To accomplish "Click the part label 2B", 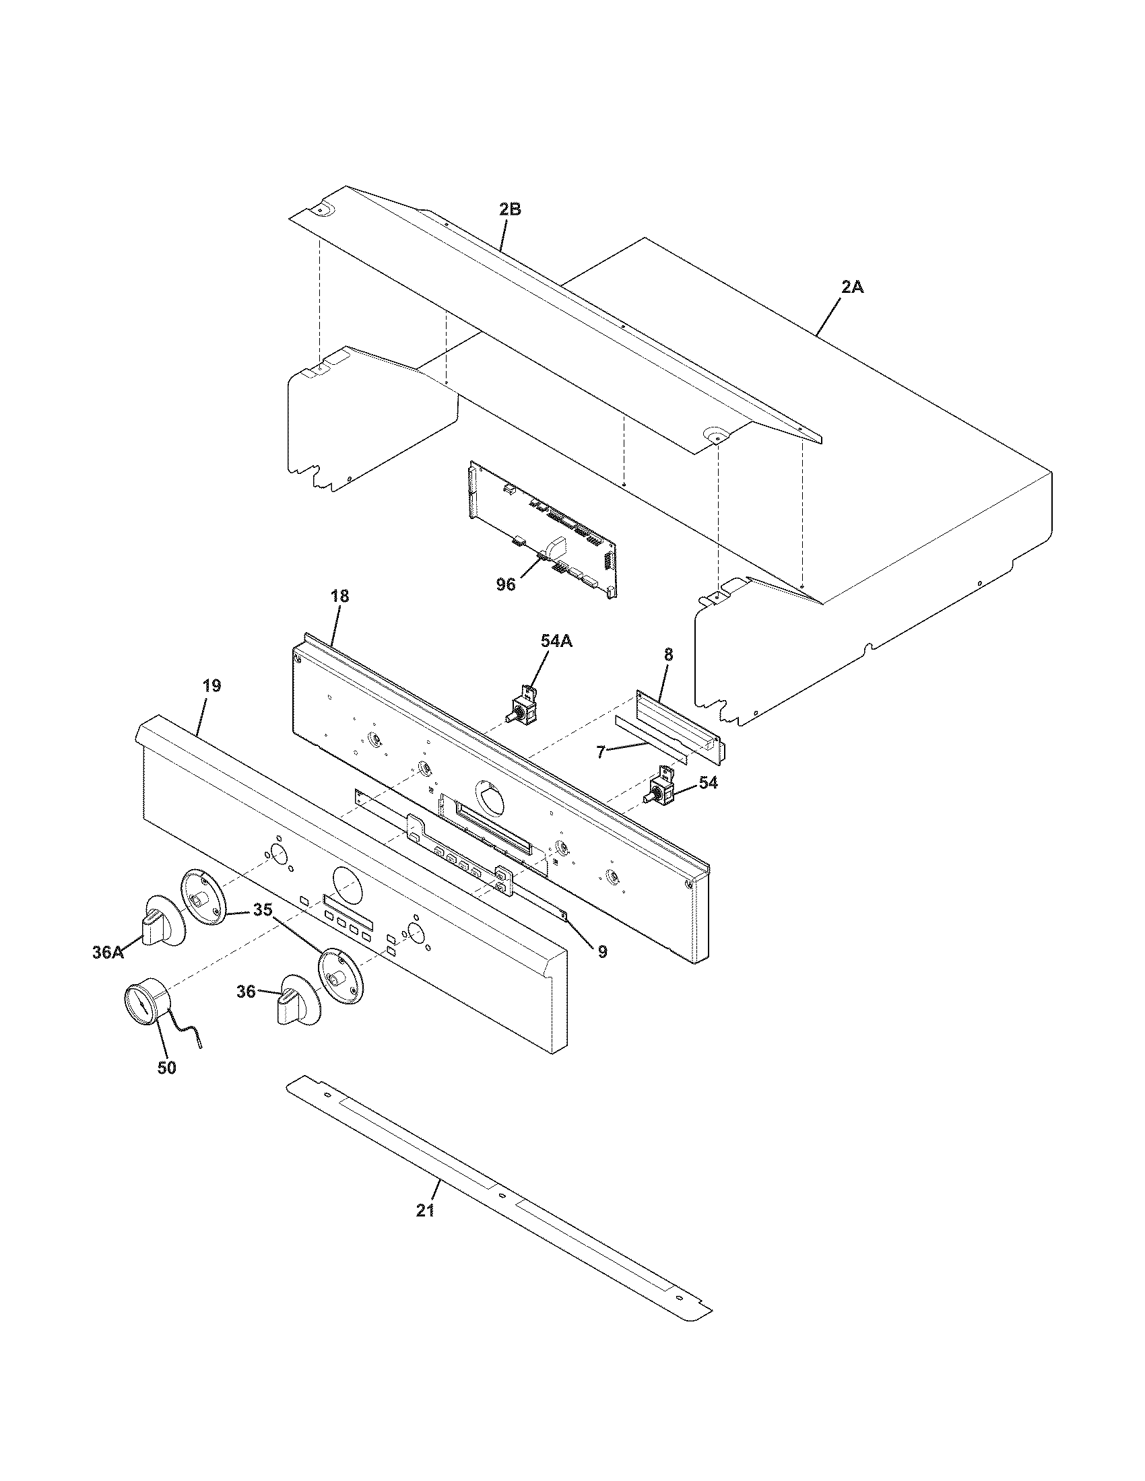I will (510, 209).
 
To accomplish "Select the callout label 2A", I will (853, 287).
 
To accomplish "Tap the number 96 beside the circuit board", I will (505, 584).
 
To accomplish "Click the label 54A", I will (556, 641).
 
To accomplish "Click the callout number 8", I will (668, 655).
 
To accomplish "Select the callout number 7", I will (600, 752).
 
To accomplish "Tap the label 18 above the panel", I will (340, 596).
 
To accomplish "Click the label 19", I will (211, 685).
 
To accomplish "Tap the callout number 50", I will (167, 1068).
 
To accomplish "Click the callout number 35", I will (263, 910).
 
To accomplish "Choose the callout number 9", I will (602, 951).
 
